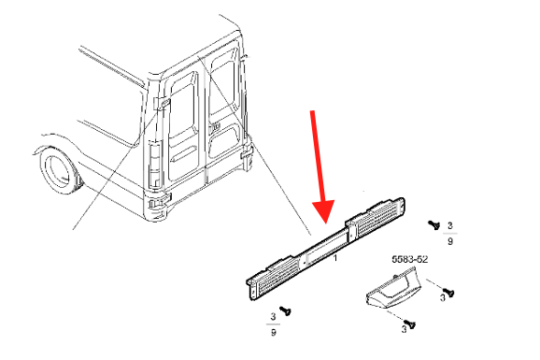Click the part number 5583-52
pos(410,259)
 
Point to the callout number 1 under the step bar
pos(335,257)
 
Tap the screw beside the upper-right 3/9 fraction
pos(433,224)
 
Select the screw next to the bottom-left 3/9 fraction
pos(285,310)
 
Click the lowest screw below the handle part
pos(410,324)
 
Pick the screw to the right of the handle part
pos(448,293)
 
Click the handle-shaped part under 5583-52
pos(391,287)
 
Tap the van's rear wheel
pos(59,171)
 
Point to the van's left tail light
pos(155,163)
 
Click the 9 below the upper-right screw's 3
pos(449,241)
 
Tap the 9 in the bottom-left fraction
pos(273,332)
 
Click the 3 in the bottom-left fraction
pos(273,316)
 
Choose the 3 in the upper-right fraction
pos(449,226)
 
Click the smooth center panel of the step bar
pos(325,247)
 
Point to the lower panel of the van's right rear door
pos(224,140)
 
